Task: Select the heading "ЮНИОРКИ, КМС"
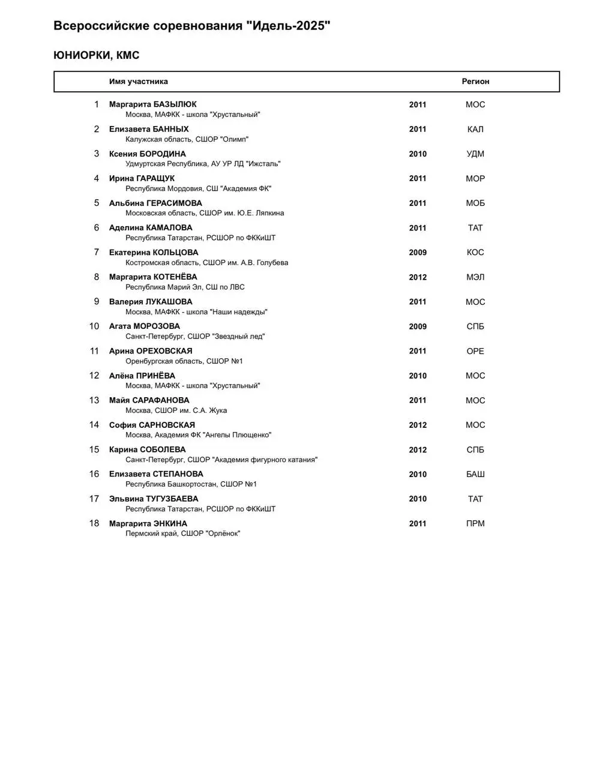pos(97,55)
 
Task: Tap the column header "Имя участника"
pos(139,82)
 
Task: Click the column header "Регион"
pos(475,82)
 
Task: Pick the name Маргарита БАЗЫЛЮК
pos(152,104)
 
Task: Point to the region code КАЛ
pos(475,129)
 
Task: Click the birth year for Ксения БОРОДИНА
pos(418,154)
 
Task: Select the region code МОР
pos(475,179)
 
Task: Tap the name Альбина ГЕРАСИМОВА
pos(155,203)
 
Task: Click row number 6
pos(96,228)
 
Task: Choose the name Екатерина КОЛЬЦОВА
pos(154,253)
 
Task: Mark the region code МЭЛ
pos(475,277)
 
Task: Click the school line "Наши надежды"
pos(196,312)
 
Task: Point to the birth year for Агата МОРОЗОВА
pos(418,327)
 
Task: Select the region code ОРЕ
pos(475,352)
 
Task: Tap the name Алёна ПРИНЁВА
pos(142,376)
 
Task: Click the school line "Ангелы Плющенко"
pos(198,435)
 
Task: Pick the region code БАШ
pos(475,475)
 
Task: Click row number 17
pos(94,499)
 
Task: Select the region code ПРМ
pos(475,524)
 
